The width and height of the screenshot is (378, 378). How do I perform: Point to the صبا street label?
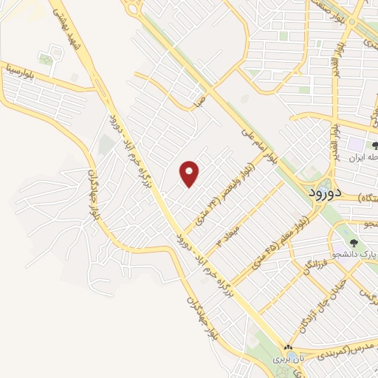coord(197,100)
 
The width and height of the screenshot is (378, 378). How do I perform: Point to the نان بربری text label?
coord(289,359)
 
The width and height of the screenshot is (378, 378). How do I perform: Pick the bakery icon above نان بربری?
coord(289,348)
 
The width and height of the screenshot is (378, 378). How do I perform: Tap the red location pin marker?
coord(190,174)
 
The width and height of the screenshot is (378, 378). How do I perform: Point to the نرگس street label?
coord(366,293)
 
